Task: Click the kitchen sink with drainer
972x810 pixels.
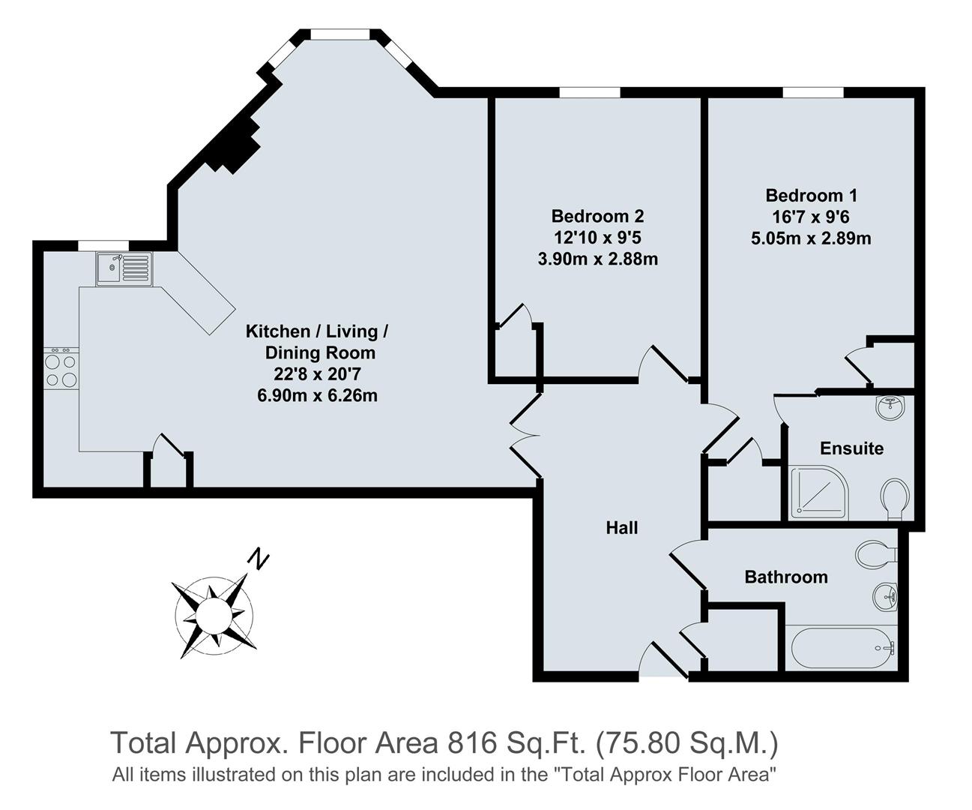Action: point(124,268)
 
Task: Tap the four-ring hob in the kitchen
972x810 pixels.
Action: point(61,368)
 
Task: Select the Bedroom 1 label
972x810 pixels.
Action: point(811,196)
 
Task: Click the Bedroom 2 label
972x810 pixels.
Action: point(597,217)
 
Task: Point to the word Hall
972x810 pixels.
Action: point(622,528)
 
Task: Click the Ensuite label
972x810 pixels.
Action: point(851,448)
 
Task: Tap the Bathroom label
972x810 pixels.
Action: point(786,577)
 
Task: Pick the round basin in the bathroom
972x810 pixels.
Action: point(886,598)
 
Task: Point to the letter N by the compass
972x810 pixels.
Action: point(259,559)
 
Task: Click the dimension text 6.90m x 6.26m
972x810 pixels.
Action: point(317,395)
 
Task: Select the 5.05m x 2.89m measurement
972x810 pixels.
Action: point(811,239)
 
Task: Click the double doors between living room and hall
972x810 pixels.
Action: point(527,435)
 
